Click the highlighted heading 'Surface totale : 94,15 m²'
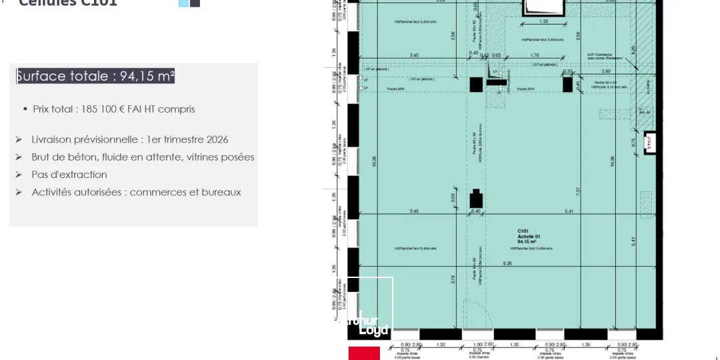[x=95, y=76]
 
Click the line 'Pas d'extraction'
[x=69, y=175]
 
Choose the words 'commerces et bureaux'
[x=185, y=192]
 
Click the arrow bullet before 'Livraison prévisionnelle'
[x=19, y=139]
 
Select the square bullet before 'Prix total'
[x=25, y=109]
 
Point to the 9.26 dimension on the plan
[x=508, y=263]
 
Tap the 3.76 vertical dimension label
[x=453, y=280]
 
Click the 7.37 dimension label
[x=578, y=191]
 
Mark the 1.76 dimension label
[x=534, y=55]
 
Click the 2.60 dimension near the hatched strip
[x=605, y=71]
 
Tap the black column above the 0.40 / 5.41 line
[x=476, y=199]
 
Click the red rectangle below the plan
[x=363, y=353]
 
